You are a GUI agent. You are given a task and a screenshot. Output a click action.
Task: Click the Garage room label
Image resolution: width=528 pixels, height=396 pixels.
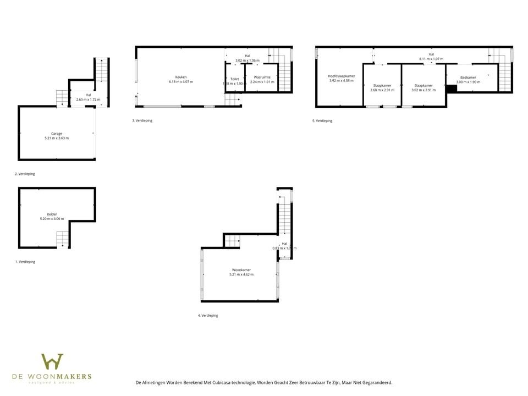[57, 133]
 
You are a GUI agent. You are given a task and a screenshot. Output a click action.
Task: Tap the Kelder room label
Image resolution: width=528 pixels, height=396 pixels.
[52, 214]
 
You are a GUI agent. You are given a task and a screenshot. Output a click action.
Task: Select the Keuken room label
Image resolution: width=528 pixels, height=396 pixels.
[181, 77]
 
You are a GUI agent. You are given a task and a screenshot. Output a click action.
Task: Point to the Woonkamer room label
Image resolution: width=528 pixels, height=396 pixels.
[241, 270]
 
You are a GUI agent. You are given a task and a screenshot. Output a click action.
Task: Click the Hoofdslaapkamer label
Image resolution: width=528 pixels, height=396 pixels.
[341, 76]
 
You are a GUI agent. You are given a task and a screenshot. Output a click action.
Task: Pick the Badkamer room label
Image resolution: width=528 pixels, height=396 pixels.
[468, 78]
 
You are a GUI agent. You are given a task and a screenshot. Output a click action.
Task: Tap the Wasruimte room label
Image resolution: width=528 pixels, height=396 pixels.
[262, 77]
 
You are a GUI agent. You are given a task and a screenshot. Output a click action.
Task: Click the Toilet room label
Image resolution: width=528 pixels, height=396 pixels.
[234, 79]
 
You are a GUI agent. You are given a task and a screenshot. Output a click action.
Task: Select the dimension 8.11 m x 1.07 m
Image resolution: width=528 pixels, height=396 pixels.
[431, 59]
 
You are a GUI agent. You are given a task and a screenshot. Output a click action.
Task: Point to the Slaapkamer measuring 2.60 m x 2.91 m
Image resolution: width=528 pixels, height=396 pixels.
[382, 85]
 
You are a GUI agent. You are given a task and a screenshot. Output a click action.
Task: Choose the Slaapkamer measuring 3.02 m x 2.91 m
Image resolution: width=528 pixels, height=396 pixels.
[423, 85]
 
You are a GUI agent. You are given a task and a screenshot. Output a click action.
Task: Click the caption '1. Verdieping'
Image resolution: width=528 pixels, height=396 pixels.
[25, 262]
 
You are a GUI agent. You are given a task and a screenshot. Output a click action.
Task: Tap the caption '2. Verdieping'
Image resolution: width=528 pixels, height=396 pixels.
[25, 174]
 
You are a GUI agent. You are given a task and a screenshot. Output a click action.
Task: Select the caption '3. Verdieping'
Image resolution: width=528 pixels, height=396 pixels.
[142, 120]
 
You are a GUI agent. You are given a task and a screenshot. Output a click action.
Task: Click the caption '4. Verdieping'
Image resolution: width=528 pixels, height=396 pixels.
[208, 316]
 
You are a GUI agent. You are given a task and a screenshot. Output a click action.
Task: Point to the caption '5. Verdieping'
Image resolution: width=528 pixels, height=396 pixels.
[322, 120]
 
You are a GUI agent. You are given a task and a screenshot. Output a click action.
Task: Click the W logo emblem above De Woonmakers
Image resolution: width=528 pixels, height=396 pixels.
[52, 362]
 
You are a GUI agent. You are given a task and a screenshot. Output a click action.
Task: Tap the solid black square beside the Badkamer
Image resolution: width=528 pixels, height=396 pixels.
[452, 88]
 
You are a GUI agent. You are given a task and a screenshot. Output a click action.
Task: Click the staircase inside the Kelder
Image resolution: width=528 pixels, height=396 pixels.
[63, 239]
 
